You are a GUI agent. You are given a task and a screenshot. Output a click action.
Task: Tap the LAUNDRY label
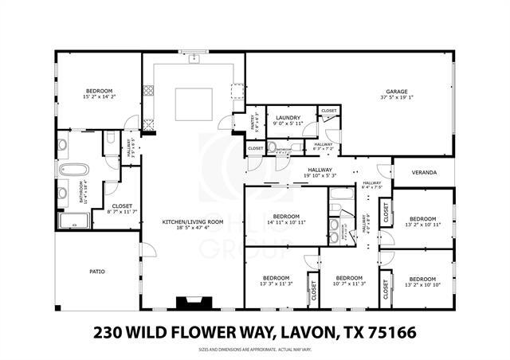[286, 117]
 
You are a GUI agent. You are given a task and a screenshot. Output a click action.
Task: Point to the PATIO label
[96, 272]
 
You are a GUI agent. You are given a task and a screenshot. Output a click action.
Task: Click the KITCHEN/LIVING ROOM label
[189, 221]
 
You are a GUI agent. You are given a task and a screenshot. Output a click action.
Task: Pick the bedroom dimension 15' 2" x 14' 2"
[100, 96]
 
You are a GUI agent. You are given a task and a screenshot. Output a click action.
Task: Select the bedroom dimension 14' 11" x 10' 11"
[285, 223]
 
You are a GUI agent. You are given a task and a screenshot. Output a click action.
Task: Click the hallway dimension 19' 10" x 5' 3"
[320, 175]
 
